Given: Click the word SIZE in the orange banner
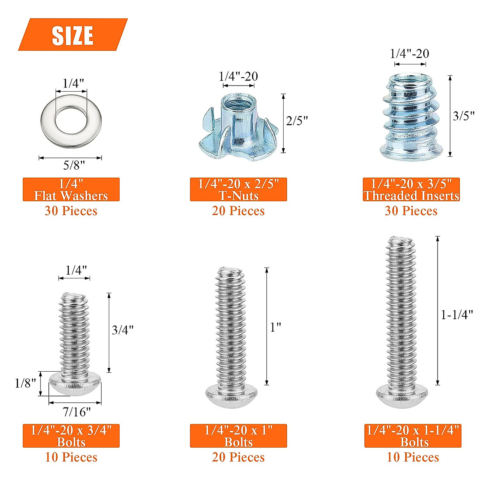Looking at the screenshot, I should click(72, 35).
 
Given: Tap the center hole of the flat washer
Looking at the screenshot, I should click(71, 119).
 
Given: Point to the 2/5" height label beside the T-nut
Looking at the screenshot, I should click(297, 120).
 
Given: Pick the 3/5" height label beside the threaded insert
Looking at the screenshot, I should click(463, 116).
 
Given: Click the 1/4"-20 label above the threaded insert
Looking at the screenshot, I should click(409, 54).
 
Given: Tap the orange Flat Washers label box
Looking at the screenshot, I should click(71, 190).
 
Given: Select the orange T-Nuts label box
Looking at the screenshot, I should click(238, 190).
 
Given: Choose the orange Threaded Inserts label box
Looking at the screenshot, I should click(411, 190).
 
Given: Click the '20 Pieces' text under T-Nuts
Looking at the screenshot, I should click(238, 211).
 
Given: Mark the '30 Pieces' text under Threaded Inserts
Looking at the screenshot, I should click(411, 211).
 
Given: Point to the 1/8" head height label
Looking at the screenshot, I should click(25, 383).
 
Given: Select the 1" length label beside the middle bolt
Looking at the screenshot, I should click(276, 327).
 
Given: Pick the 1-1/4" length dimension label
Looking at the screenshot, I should click(457, 315).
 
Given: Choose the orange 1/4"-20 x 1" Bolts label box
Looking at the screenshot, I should click(238, 436).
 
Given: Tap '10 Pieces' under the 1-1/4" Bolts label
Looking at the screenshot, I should click(413, 457).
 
